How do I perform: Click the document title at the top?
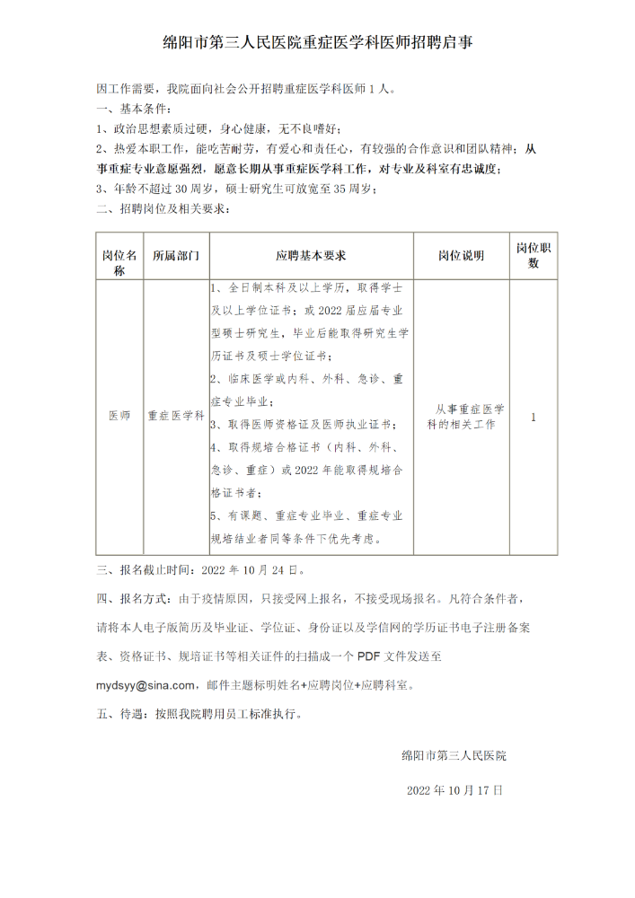pyautogui.click(x=318, y=42)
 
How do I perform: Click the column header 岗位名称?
pyautogui.click(x=119, y=256)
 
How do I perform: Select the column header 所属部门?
pyautogui.click(x=175, y=256)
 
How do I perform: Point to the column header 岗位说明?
pyautogui.click(x=461, y=256)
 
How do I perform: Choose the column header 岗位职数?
pyautogui.click(x=534, y=256)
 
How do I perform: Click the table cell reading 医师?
pyautogui.click(x=119, y=417)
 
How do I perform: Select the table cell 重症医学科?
pyautogui.click(x=175, y=417)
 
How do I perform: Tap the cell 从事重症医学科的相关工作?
pyautogui.click(x=461, y=417)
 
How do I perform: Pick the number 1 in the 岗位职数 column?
pyautogui.click(x=534, y=417)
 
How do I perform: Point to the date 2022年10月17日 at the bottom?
pyautogui.click(x=454, y=790)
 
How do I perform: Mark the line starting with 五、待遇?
pyautogui.click(x=199, y=716)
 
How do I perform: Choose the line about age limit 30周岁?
pyautogui.click(x=237, y=189)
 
